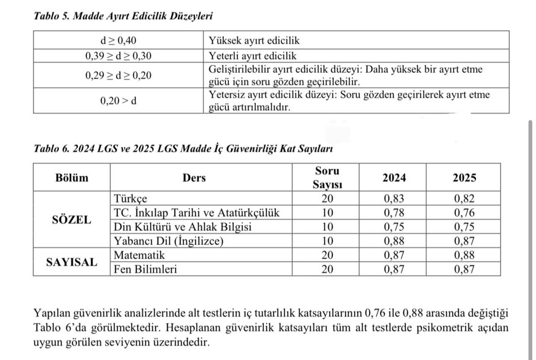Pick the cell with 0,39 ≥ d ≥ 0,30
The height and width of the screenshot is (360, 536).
pos(118,56)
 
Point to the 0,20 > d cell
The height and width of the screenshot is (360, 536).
pos(118,100)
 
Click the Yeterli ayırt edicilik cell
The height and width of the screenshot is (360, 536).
pos(253,56)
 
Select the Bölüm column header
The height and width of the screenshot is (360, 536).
pos(72,177)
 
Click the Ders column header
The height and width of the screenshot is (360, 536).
pos(194,177)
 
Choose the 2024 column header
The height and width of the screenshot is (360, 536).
pos(394,177)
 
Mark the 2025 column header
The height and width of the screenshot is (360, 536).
pos(464,177)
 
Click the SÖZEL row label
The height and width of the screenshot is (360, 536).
pos(72,220)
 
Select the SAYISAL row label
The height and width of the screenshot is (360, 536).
pos(72,262)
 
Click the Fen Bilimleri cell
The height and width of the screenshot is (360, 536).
pos(145,269)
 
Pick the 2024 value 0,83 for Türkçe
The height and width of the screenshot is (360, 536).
pos(394,199)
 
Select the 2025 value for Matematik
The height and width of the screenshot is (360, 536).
pos(464,255)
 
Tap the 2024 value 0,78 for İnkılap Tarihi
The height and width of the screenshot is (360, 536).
pos(394,213)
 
